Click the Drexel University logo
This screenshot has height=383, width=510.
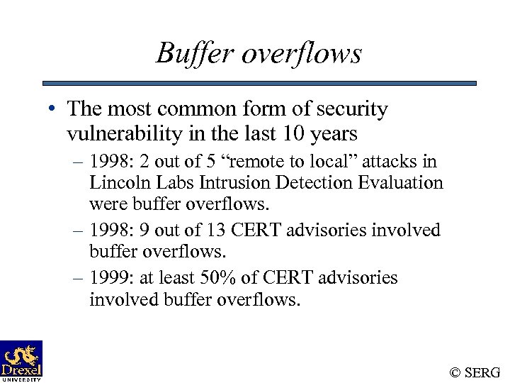click(21, 360)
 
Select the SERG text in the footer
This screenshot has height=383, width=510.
click(484, 372)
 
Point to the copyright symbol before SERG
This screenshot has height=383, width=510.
click(455, 372)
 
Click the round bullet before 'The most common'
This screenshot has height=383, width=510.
click(53, 110)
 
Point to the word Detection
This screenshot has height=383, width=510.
click(314, 182)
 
